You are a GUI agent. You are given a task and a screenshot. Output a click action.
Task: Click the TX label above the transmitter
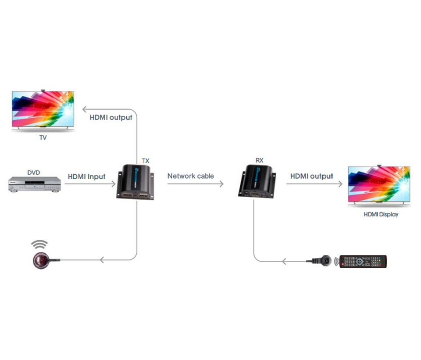[146, 161]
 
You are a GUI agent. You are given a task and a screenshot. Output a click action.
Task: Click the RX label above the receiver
[260, 161]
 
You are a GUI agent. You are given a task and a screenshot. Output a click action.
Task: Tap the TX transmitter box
[136, 182]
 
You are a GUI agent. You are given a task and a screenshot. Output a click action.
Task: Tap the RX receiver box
[257, 180]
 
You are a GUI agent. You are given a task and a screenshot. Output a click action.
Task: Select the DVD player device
[34, 184]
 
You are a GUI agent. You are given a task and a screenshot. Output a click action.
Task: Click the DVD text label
[33, 173]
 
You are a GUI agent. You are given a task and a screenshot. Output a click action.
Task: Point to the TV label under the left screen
[43, 137]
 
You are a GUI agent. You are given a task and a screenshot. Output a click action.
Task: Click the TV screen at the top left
[43, 110]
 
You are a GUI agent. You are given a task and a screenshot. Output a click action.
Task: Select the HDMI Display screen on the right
[379, 185]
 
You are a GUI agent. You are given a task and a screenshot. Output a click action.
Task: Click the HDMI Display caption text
[381, 215]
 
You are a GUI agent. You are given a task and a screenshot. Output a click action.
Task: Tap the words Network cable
[191, 176]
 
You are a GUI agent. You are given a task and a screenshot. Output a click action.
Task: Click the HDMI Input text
[87, 176]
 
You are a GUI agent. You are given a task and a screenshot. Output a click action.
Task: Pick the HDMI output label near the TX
[111, 117]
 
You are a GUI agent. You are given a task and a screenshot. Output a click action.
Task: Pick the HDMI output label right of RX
[312, 176]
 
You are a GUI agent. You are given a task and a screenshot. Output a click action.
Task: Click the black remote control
[364, 262]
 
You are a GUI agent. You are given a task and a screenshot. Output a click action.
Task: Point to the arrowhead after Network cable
[221, 184]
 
